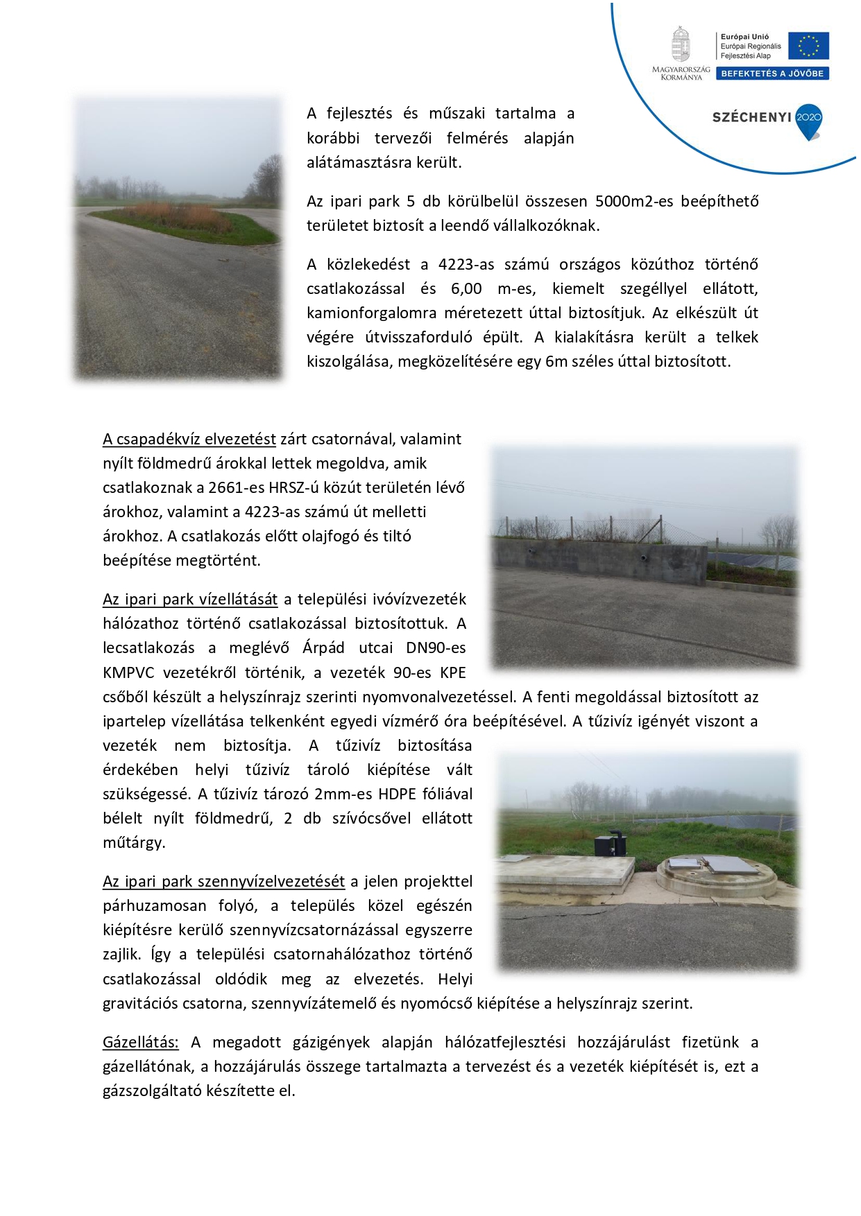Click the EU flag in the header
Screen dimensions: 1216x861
coord(809,46)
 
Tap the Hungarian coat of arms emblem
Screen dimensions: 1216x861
coord(681,44)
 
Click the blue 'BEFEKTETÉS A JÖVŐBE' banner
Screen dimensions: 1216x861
coord(772,73)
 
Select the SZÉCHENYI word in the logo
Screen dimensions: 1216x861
coord(751,117)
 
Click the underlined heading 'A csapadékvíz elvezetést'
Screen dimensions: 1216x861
coord(189,439)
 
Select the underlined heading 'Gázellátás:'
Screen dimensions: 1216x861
coord(141,1042)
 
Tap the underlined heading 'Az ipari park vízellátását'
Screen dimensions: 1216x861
coord(190,599)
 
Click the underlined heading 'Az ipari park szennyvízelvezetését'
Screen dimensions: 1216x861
coord(223,881)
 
